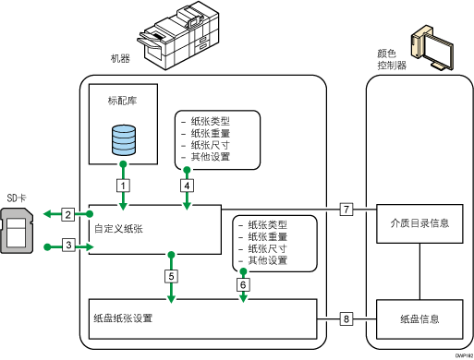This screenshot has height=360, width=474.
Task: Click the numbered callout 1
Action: [x=121, y=185]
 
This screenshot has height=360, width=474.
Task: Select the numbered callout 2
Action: [x=67, y=215]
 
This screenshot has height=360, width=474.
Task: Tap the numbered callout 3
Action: [x=67, y=245]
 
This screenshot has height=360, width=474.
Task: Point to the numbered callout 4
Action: [x=188, y=185]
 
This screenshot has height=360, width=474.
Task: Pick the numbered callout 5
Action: [x=171, y=275]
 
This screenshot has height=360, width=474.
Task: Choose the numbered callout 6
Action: [x=242, y=285]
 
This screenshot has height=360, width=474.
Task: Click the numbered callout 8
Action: [x=346, y=318]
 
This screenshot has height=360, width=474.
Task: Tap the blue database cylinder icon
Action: [x=122, y=141]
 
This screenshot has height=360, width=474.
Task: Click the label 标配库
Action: [x=121, y=98]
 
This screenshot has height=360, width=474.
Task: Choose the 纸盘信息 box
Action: [x=420, y=319]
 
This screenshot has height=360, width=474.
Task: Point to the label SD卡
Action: [x=18, y=198]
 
